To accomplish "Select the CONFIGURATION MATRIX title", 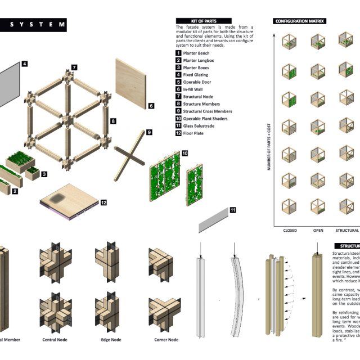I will point(300,21).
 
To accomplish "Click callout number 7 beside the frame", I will point(74,67).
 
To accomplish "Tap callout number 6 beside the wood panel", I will point(151,105).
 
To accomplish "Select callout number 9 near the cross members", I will point(149,133).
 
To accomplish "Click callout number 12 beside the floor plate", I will point(103,202).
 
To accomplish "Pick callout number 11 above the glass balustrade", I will point(233,210).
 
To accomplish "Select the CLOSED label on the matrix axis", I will point(289,230).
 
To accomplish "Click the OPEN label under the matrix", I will point(318,230).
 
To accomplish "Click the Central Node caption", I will point(56,339).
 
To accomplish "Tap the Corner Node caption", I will point(166,339).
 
